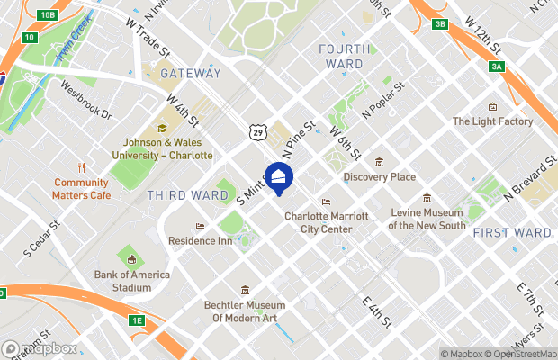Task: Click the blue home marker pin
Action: (278, 176)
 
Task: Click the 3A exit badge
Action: (496, 67)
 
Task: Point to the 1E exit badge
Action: (136, 320)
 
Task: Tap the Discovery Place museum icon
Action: (379, 162)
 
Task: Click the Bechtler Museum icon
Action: (246, 290)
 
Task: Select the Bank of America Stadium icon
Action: (130, 258)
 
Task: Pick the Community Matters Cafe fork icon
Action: (81, 166)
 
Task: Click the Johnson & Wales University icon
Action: (163, 128)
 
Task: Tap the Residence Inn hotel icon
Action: (200, 226)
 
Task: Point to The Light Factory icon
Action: (492, 106)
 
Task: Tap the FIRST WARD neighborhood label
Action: (511, 232)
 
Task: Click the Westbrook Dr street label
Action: (85, 101)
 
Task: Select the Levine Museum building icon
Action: (427, 199)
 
